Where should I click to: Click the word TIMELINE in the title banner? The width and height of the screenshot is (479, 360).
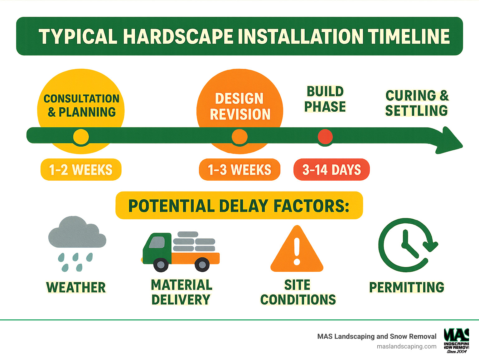[409, 36]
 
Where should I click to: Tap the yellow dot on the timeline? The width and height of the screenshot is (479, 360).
[81, 137]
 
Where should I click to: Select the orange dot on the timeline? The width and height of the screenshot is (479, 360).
[239, 137]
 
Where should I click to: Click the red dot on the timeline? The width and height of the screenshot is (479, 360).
[325, 137]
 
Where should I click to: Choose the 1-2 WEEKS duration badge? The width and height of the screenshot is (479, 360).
[81, 170]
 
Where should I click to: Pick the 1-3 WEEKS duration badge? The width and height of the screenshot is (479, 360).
[239, 170]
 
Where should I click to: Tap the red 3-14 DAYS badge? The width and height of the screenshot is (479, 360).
[331, 170]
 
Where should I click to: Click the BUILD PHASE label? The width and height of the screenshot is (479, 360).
[325, 99]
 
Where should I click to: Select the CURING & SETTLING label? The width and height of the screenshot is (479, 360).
[417, 103]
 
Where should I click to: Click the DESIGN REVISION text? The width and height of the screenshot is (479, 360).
[239, 106]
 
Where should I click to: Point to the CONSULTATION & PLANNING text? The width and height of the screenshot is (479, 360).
[81, 105]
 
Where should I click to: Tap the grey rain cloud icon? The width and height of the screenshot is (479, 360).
[77, 232]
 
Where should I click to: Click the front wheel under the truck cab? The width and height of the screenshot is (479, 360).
[161, 265]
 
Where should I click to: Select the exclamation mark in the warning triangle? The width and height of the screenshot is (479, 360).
[297, 251]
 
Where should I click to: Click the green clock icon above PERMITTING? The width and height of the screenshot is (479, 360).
[406, 245]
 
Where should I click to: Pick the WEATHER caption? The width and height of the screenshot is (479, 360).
[76, 287]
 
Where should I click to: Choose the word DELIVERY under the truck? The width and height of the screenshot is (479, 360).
[181, 299]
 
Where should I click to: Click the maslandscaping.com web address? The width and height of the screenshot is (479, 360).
[406, 346]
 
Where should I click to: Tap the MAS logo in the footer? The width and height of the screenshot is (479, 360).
[457, 340]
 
